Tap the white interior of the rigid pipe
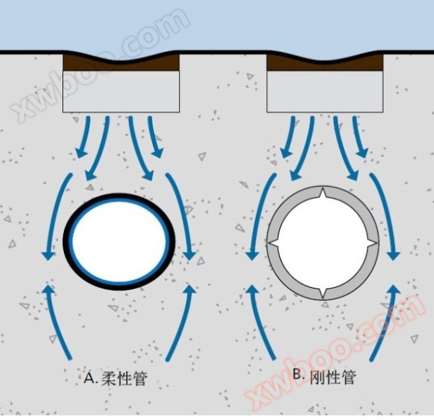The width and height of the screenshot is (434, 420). tap(323, 244)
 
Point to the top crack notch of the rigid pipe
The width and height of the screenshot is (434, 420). tap(323, 195)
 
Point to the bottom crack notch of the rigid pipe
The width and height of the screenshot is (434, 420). tap(323, 293)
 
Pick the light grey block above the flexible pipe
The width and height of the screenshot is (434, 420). tap(121, 92)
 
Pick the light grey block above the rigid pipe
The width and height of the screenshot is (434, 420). tap(325, 92)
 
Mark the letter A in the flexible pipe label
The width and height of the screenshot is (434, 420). tap(89, 377)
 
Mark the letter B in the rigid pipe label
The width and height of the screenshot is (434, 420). tap(298, 377)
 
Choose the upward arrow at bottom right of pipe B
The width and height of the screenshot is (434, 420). tap(384, 320)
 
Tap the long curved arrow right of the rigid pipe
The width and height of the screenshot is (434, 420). tap(387, 213)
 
